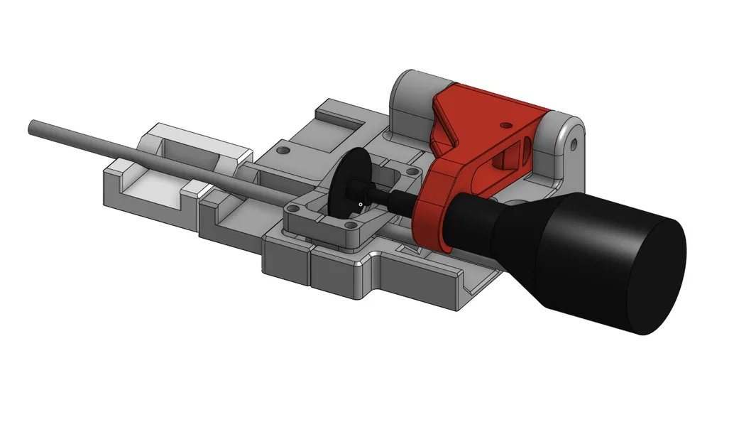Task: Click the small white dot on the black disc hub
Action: (x=360, y=205)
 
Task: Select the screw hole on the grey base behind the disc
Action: (x=283, y=151)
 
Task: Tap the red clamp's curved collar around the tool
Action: (x=429, y=217)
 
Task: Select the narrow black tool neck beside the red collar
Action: (x=470, y=220)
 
